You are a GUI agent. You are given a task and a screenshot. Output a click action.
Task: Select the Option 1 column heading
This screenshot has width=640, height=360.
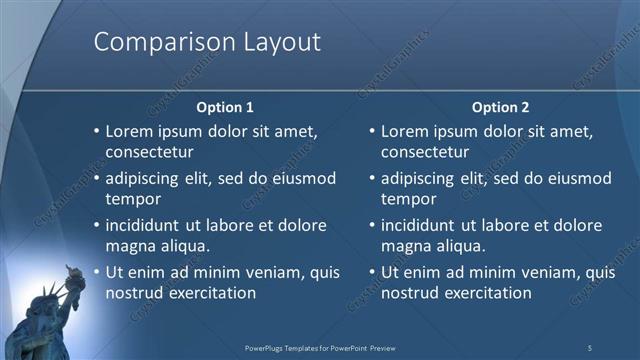225,107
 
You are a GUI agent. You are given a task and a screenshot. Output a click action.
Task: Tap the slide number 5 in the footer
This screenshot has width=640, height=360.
589,347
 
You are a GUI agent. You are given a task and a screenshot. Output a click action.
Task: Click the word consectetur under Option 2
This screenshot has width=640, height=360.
424,153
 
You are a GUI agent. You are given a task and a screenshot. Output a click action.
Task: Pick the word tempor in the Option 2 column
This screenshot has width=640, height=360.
405,199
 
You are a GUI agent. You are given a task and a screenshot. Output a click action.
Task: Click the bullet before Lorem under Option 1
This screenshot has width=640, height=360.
96,131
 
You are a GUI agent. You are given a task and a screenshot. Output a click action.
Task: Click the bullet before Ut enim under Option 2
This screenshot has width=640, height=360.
372,272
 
